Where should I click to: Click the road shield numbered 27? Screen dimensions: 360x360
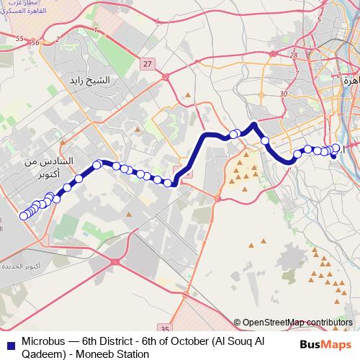(x=148, y=64)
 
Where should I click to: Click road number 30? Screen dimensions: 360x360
(x=284, y=94)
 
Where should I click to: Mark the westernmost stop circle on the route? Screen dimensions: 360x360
(x=23, y=215)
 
